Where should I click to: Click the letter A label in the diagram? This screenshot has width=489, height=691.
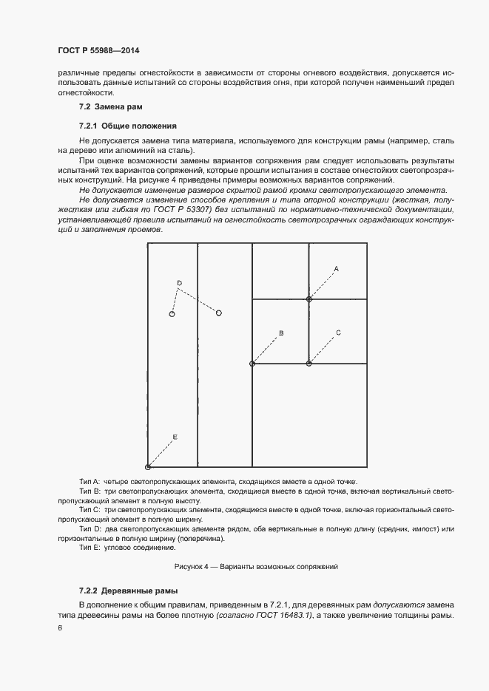pos(336,268)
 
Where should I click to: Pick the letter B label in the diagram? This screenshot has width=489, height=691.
pos(281,333)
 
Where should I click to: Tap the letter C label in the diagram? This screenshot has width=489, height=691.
pos(338,333)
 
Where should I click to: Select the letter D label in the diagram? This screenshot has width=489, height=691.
pos(179,283)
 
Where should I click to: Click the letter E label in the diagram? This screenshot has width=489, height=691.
pos(175,438)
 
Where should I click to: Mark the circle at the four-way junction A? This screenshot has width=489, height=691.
pos(309,299)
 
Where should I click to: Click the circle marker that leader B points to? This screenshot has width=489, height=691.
pos(252,364)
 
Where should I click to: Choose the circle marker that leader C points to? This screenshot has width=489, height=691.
pos(309,364)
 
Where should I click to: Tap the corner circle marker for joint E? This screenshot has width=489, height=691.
pos(148,467)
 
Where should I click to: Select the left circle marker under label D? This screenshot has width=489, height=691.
pos(172,314)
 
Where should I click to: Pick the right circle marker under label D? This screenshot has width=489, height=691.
pos(218,313)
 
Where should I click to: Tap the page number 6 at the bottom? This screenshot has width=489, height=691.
pos(60,627)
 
